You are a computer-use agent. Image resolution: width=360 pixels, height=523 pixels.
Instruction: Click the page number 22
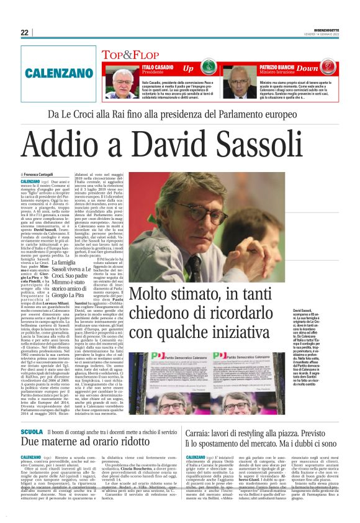tap(24, 33)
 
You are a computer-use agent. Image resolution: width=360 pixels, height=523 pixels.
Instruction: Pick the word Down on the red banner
tap(324, 66)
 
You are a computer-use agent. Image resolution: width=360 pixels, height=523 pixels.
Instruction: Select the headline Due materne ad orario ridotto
tap(81, 442)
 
